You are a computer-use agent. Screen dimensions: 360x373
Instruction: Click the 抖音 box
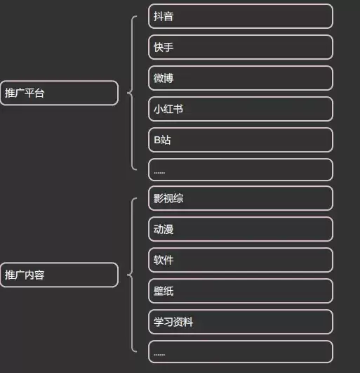point(241,16)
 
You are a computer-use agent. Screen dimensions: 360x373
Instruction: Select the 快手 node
point(241,47)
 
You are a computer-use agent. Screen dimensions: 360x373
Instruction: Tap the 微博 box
point(241,78)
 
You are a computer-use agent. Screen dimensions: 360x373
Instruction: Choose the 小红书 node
point(241,109)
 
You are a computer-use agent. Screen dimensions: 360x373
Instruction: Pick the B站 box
point(241,140)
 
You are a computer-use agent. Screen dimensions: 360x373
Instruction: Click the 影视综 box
point(241,198)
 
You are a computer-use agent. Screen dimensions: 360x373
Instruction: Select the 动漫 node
point(241,229)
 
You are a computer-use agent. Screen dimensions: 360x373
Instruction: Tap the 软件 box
point(241,260)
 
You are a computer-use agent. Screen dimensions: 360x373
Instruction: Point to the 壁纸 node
point(241,291)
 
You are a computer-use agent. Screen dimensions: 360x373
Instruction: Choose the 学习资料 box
point(241,322)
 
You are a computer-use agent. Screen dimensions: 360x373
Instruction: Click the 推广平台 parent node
point(59,93)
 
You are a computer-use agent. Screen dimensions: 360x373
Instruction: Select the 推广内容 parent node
point(59,275)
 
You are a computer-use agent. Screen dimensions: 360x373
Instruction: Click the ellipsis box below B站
point(241,169)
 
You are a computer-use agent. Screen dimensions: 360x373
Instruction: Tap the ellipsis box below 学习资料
point(241,352)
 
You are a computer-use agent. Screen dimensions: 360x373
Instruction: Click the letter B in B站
point(157,140)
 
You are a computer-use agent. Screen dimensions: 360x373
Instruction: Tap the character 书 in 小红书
point(178,109)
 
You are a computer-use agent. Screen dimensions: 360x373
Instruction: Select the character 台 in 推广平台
point(39,93)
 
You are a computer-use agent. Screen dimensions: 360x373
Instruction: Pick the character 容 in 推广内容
point(39,275)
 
